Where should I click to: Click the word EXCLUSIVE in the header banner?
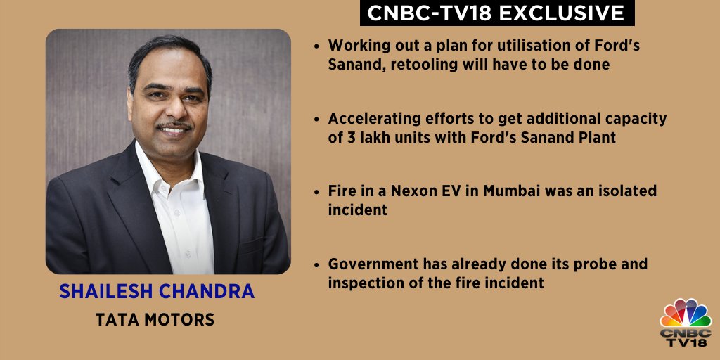tap(562, 13)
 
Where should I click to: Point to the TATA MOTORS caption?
tap(155, 320)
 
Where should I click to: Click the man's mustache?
tap(174, 125)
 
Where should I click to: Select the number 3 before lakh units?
tap(348, 137)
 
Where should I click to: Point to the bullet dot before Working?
tap(316, 46)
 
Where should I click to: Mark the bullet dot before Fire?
tap(316, 191)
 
